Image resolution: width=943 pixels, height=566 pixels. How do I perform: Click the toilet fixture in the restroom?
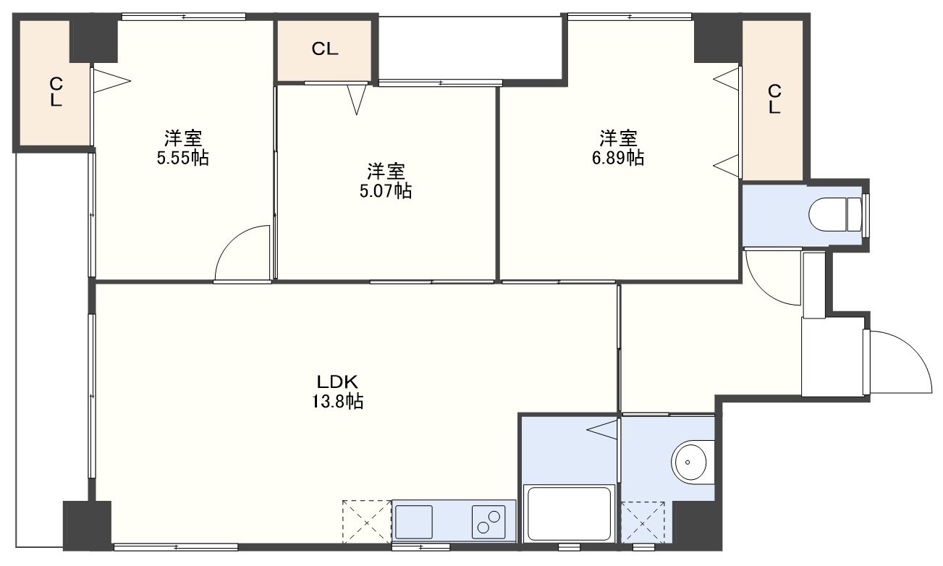coord(835,215)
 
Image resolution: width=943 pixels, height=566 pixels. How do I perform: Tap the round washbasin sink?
coord(691,462)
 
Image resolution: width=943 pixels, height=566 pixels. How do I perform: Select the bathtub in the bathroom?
coord(569,514)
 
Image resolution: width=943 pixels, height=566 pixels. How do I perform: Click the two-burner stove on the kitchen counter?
coord(489,522)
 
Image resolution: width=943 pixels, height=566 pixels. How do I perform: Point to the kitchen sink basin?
coord(413,522)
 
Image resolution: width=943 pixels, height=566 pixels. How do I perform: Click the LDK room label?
coord(337,382)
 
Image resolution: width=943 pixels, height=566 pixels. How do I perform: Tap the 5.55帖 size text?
coord(182,158)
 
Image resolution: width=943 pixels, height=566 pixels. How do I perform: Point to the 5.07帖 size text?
coord(386,191)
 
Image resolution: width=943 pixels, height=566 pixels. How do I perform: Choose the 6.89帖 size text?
coord(618,158)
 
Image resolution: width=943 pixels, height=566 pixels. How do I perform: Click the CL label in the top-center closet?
coord(324,49)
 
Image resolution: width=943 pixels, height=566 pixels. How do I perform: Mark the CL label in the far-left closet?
coord(56,92)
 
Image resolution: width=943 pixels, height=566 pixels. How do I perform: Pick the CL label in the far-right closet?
coord(774,99)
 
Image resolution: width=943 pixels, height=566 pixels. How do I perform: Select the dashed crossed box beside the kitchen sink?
coord(367,521)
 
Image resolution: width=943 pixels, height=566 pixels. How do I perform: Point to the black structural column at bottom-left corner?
coord(87,525)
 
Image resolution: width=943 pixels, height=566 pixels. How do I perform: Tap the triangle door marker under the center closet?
coord(356,100)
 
